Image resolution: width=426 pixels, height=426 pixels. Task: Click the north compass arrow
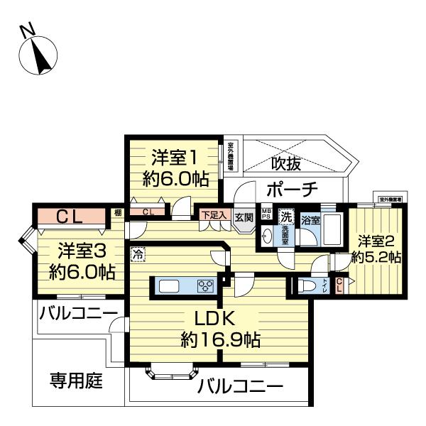coord(36,54)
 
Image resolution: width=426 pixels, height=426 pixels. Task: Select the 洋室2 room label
coord(377,240)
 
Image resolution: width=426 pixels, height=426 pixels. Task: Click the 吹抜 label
coord(286,163)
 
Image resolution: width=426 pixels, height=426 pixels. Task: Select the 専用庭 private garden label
coord(76,381)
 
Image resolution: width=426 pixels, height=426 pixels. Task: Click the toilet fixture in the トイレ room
coord(307,286)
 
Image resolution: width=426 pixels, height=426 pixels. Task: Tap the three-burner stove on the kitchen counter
coord(206,287)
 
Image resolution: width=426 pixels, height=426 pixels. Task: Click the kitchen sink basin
coord(171,287)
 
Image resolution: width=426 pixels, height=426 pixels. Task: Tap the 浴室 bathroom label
coord(310,220)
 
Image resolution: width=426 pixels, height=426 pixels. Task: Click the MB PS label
coord(266,214)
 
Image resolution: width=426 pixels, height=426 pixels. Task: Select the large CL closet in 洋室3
coord(71,217)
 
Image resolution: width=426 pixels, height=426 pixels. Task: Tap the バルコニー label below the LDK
coord(240,387)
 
